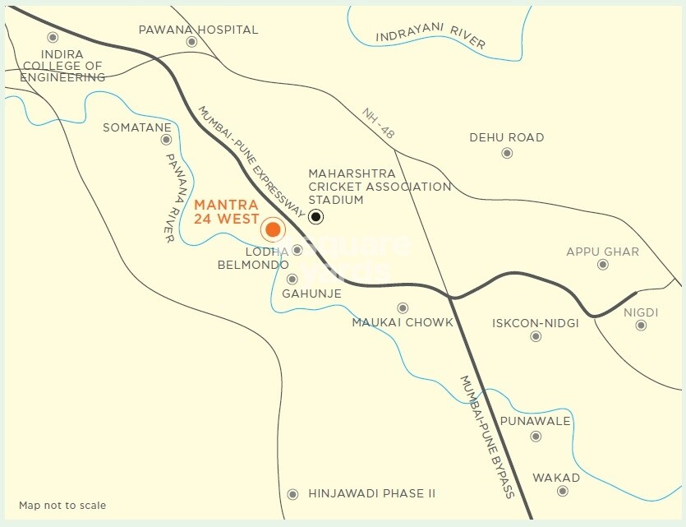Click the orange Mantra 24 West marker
click(273, 229)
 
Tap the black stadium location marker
click(316, 217)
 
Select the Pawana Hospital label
click(198, 30)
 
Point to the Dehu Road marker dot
click(507, 153)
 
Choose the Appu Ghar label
click(602, 252)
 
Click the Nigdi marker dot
click(641, 326)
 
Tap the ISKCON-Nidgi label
click(535, 323)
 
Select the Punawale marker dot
click(536, 436)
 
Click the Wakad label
click(556, 478)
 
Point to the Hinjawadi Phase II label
click(371, 493)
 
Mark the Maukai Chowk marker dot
click(403, 307)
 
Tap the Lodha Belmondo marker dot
click(297, 250)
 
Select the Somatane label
click(137, 127)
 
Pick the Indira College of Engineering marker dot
click(53, 38)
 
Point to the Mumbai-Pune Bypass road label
click(486, 437)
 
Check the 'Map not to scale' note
click(62, 505)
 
